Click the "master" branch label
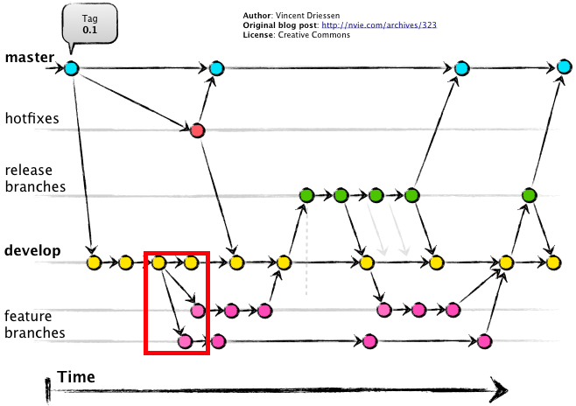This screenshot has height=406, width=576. point(29,59)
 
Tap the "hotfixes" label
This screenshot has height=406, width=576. point(32,117)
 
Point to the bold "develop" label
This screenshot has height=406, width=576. point(32,251)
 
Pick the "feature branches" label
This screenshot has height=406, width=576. point(34,324)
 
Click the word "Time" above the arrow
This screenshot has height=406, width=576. point(76,377)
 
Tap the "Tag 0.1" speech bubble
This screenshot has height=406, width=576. point(90,24)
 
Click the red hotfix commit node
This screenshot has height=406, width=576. point(198,130)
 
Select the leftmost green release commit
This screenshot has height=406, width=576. point(306,194)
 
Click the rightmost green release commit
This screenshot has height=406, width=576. point(529,194)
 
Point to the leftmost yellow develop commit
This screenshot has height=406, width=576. point(94,262)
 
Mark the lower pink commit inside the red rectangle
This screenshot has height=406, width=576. point(185,341)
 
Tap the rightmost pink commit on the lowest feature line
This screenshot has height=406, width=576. point(485,341)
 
